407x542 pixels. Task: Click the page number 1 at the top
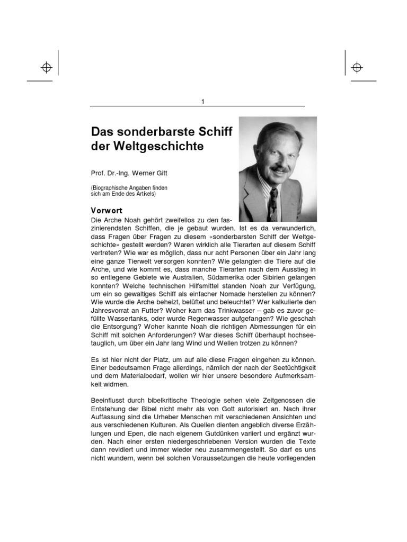click(x=203, y=102)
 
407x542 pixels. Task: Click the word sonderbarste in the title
click(x=161, y=131)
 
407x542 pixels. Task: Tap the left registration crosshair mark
click(x=46, y=67)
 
